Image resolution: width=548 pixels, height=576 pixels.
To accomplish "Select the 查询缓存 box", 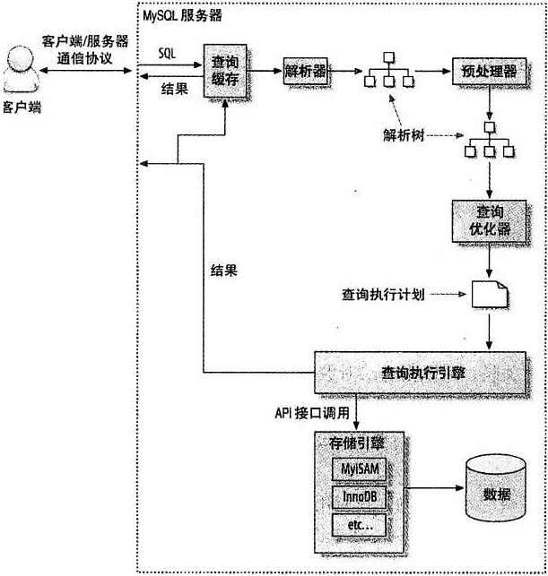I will (224, 69).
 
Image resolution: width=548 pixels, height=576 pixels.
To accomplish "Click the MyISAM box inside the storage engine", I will (358, 469).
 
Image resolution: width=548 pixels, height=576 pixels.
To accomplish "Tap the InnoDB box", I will (358, 496).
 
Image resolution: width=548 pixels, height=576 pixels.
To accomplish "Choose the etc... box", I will (358, 524).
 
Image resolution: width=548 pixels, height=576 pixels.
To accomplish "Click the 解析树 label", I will (400, 135).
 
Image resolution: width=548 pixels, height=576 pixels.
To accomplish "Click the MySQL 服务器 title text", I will (183, 16).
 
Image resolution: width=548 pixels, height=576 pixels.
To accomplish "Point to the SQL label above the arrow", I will (167, 54).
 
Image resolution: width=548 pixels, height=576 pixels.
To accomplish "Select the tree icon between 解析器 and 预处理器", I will (387, 72).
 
